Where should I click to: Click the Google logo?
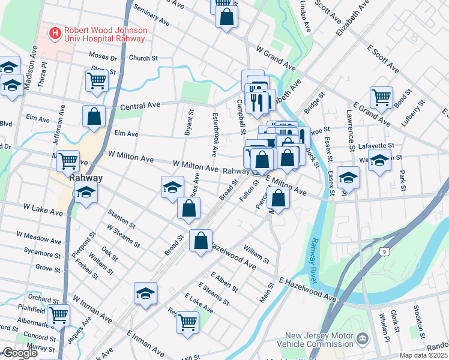(x=19, y=353)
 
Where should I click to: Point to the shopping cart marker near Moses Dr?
(x=97, y=79)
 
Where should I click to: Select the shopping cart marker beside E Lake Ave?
(x=187, y=322)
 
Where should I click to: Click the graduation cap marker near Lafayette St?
(x=379, y=160)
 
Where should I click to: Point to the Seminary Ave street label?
(x=152, y=14)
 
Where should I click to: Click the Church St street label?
(x=143, y=59)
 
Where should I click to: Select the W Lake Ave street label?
(x=43, y=209)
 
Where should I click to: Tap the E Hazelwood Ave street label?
(x=307, y=289)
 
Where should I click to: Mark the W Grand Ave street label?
(x=275, y=58)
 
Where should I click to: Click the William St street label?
(x=256, y=254)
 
